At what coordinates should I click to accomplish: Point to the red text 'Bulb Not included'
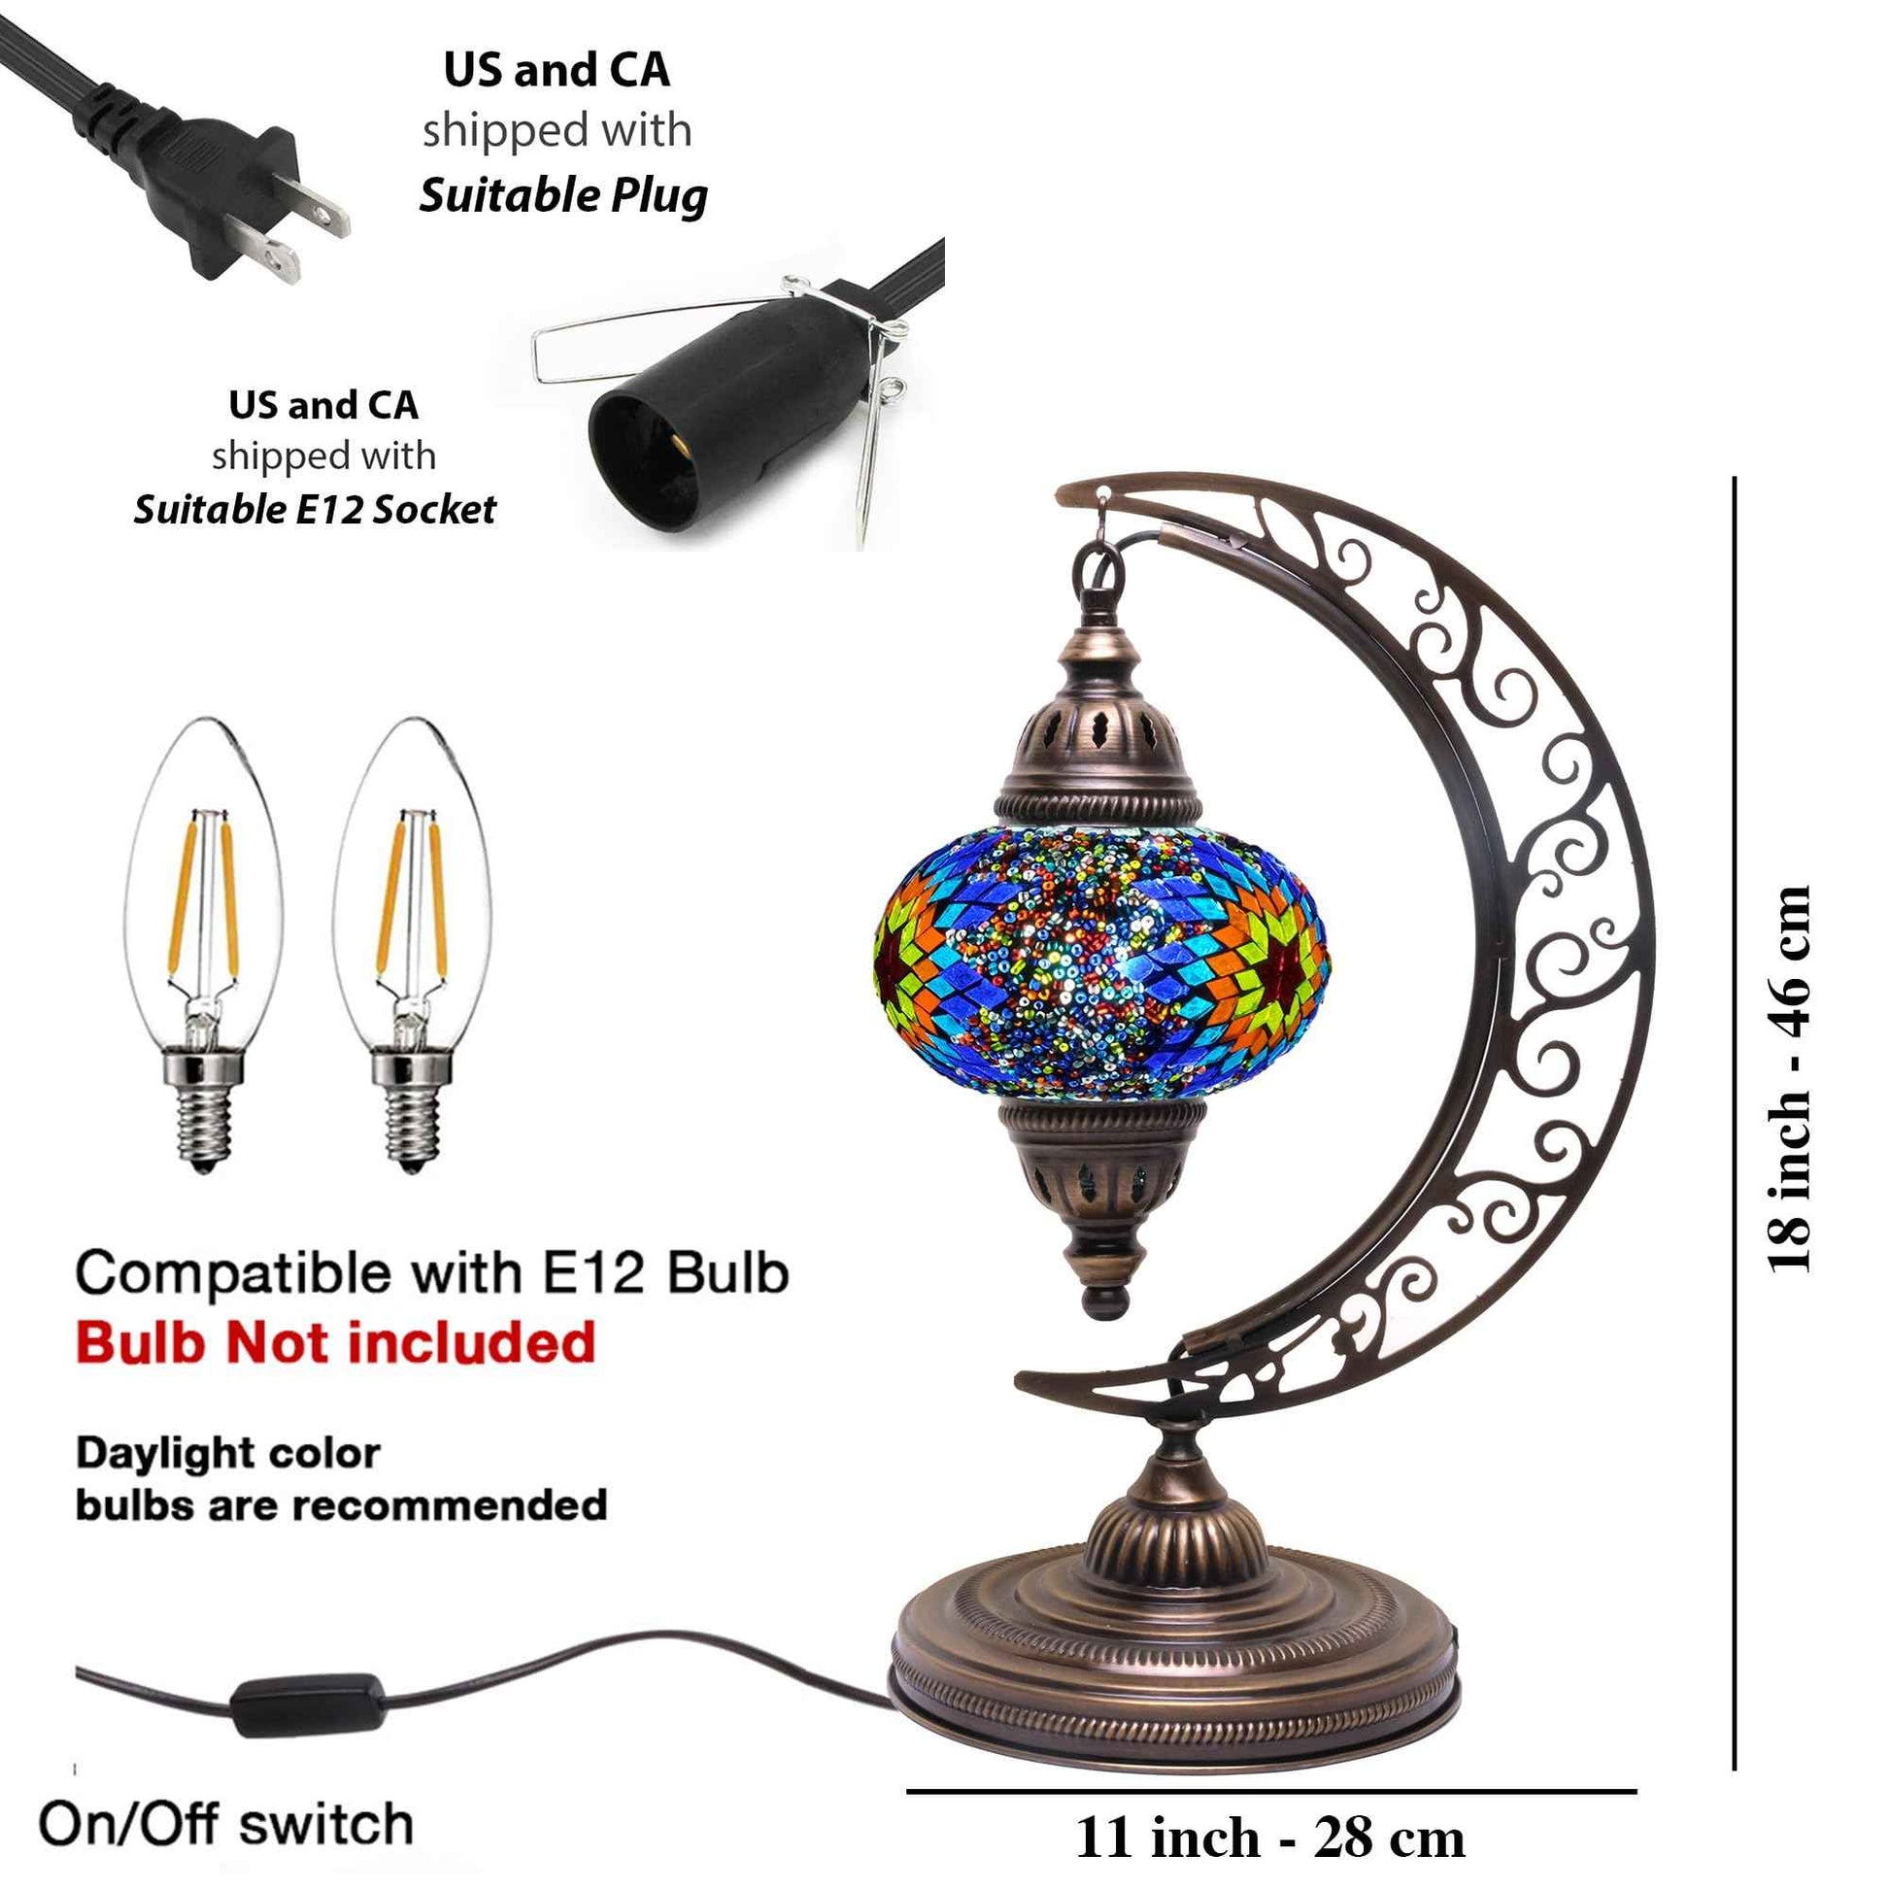point(335,1342)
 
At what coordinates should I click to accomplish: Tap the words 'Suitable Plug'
point(563,195)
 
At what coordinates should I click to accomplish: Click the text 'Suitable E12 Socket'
point(315,510)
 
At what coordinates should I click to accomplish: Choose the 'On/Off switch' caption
point(226,1825)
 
